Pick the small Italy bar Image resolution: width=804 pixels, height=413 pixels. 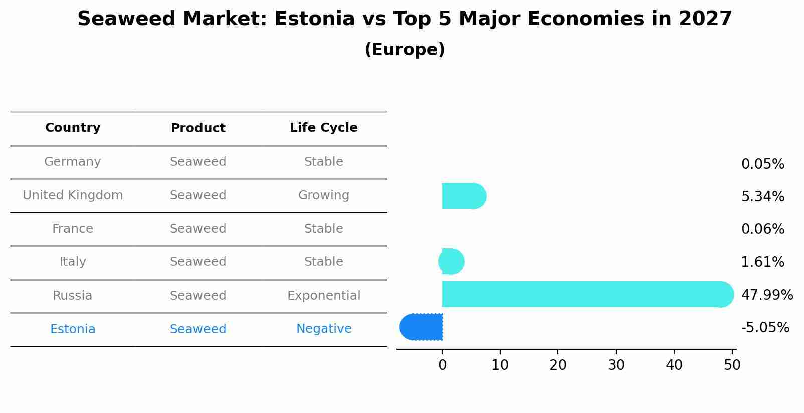tap(451, 261)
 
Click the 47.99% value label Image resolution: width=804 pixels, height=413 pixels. tap(766, 295)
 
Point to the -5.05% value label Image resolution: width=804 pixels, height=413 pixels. tap(765, 328)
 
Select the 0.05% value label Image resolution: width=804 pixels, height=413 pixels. tap(762, 164)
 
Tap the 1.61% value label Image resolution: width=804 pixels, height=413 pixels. tap(762, 262)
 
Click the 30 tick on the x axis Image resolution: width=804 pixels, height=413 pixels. tap(616, 365)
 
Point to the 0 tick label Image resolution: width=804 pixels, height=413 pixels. tap(442, 365)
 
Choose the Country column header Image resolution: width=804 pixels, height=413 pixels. tap(73, 128)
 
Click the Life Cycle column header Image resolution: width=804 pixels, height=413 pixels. tap(323, 128)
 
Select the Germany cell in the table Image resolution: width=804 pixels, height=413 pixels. tap(73, 162)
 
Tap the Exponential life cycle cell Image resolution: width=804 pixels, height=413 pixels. tap(323, 296)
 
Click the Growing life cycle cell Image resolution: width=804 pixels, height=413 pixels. tap(323, 195)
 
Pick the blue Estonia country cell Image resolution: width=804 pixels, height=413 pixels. tap(73, 329)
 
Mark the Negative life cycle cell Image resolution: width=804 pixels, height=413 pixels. tap(323, 329)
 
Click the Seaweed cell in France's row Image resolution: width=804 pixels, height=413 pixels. tap(198, 229)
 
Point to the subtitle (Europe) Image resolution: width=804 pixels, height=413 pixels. tap(405, 50)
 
